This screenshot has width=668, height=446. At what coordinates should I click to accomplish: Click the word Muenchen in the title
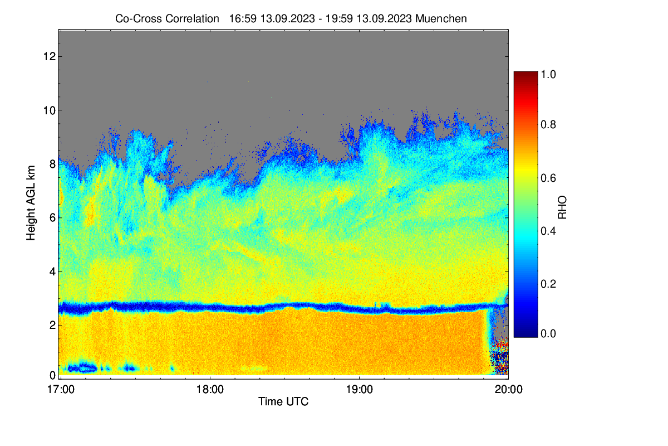pyautogui.click(x=441, y=19)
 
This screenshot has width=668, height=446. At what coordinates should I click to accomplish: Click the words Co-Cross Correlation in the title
pyautogui.click(x=168, y=19)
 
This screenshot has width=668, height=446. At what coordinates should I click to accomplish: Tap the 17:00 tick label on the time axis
pyautogui.click(x=61, y=390)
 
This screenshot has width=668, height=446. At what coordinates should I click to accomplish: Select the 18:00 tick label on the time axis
pyautogui.click(x=210, y=390)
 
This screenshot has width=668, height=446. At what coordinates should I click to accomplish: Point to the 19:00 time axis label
pyautogui.click(x=360, y=390)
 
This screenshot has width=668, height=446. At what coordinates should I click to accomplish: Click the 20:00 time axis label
pyautogui.click(x=508, y=390)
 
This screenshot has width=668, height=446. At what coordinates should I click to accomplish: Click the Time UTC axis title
pyautogui.click(x=283, y=402)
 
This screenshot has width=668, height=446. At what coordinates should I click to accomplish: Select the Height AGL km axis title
pyautogui.click(x=31, y=203)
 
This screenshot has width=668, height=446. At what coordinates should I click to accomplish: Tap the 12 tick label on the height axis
pyautogui.click(x=50, y=56)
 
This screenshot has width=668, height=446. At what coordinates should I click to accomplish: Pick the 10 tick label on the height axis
pyautogui.click(x=50, y=110)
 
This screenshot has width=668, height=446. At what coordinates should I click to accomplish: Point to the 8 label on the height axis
pyautogui.click(x=53, y=164)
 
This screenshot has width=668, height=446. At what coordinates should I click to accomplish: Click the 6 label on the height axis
pyautogui.click(x=53, y=218)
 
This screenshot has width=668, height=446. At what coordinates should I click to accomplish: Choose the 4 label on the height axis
pyautogui.click(x=53, y=272)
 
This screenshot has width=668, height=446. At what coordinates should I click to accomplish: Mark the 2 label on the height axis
pyautogui.click(x=53, y=325)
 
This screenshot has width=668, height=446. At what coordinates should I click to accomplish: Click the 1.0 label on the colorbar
pyautogui.click(x=548, y=74)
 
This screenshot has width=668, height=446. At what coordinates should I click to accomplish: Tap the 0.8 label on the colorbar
pyautogui.click(x=548, y=124)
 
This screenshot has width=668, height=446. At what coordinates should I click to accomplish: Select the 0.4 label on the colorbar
pyautogui.click(x=548, y=231)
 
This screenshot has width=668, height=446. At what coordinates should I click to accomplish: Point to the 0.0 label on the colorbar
pyautogui.click(x=548, y=334)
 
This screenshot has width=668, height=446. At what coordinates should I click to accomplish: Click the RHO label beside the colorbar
pyautogui.click(x=562, y=207)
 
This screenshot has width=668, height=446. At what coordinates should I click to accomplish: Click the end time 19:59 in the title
pyautogui.click(x=339, y=19)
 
